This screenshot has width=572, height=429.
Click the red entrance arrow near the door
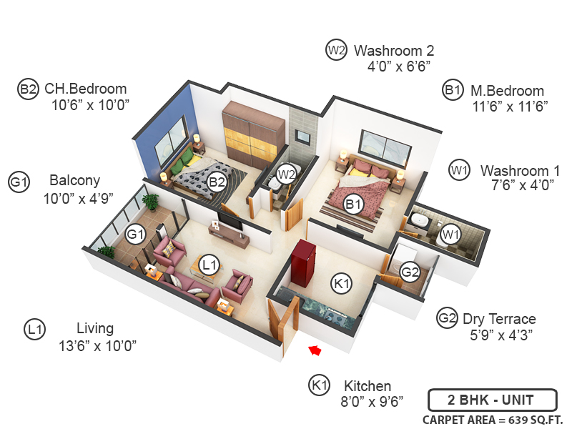tap(312, 350)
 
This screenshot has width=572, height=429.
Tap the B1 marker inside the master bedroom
tap(353, 205)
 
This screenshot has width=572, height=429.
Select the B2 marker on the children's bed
tap(217, 182)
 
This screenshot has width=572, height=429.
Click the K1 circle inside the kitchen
tap(342, 284)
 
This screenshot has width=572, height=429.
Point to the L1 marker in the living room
tap(209, 265)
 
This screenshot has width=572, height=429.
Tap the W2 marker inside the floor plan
tap(287, 174)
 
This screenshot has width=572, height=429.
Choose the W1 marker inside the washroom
tap(449, 234)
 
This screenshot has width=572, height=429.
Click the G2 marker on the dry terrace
tap(410, 272)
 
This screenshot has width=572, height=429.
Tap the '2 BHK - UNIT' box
tap(490, 400)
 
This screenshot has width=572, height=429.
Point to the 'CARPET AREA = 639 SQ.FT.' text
tap(493, 419)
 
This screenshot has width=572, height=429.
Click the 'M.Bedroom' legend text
tap(507, 91)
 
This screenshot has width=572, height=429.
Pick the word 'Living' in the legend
tap(95, 328)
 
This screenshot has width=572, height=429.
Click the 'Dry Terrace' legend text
tap(499, 319)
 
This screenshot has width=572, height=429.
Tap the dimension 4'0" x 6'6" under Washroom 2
tap(399, 66)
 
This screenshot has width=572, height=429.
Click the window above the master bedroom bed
tap(385, 147)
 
